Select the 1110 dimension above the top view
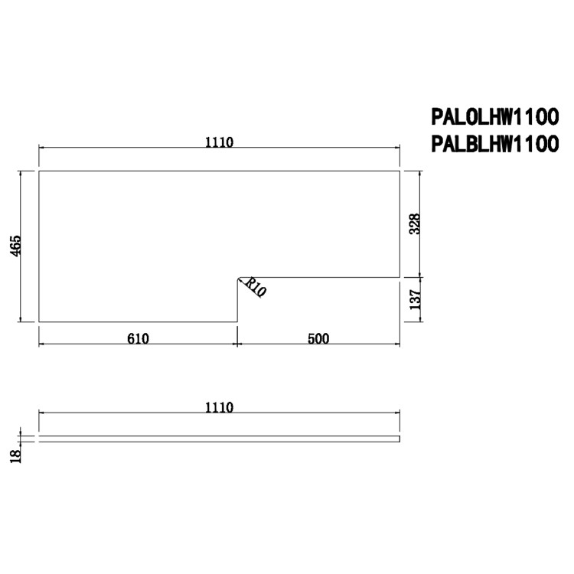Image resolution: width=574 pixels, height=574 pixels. click(x=219, y=141)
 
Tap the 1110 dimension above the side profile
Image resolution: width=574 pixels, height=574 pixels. click(x=219, y=408)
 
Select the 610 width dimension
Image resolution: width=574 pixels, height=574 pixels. click(x=138, y=338)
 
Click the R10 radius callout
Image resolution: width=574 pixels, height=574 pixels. click(x=256, y=289)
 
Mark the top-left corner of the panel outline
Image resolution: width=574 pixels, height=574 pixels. click(x=39, y=171)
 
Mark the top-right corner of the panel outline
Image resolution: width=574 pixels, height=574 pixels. click(x=400, y=171)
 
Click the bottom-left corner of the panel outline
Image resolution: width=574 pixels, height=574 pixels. click(x=39, y=322)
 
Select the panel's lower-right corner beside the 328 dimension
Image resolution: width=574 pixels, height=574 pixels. click(x=400, y=276)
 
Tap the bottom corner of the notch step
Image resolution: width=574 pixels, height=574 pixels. click(x=236, y=322)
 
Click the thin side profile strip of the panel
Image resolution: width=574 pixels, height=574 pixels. click(x=219, y=439)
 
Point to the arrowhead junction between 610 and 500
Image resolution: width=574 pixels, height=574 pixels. click(x=236, y=345)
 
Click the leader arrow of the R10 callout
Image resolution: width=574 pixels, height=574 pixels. click(x=242, y=281)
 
